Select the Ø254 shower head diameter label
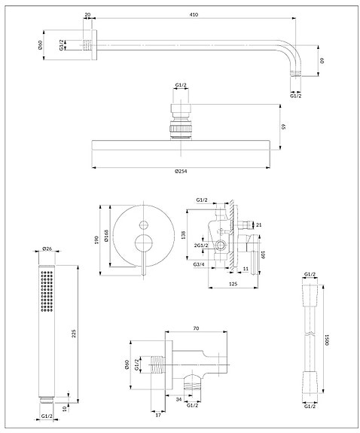click(181, 172)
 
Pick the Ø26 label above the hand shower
click(46, 249)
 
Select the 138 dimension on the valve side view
click(186, 235)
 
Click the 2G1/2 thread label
click(200, 245)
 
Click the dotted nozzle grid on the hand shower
click(45, 292)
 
